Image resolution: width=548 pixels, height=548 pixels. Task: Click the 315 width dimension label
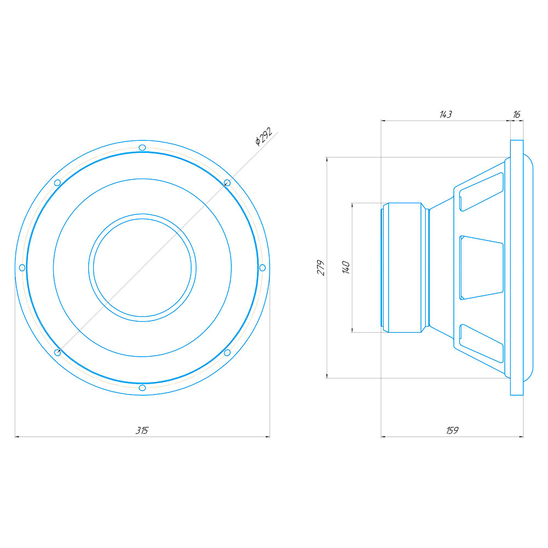click(x=142, y=430)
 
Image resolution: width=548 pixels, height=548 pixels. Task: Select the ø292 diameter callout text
click(x=264, y=136)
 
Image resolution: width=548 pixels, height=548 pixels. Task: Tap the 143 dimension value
click(x=446, y=115)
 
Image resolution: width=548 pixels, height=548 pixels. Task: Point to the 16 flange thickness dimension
click(x=517, y=115)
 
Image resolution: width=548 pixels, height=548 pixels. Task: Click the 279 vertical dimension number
click(x=321, y=268)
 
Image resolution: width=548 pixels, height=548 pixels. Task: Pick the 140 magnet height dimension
click(x=346, y=267)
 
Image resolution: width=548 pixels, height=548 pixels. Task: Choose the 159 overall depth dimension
click(x=452, y=430)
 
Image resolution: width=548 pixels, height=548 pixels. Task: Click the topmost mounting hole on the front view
click(x=142, y=147)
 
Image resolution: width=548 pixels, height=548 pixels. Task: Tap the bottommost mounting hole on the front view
click(x=142, y=387)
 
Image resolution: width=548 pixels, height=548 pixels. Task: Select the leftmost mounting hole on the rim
click(x=22, y=268)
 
